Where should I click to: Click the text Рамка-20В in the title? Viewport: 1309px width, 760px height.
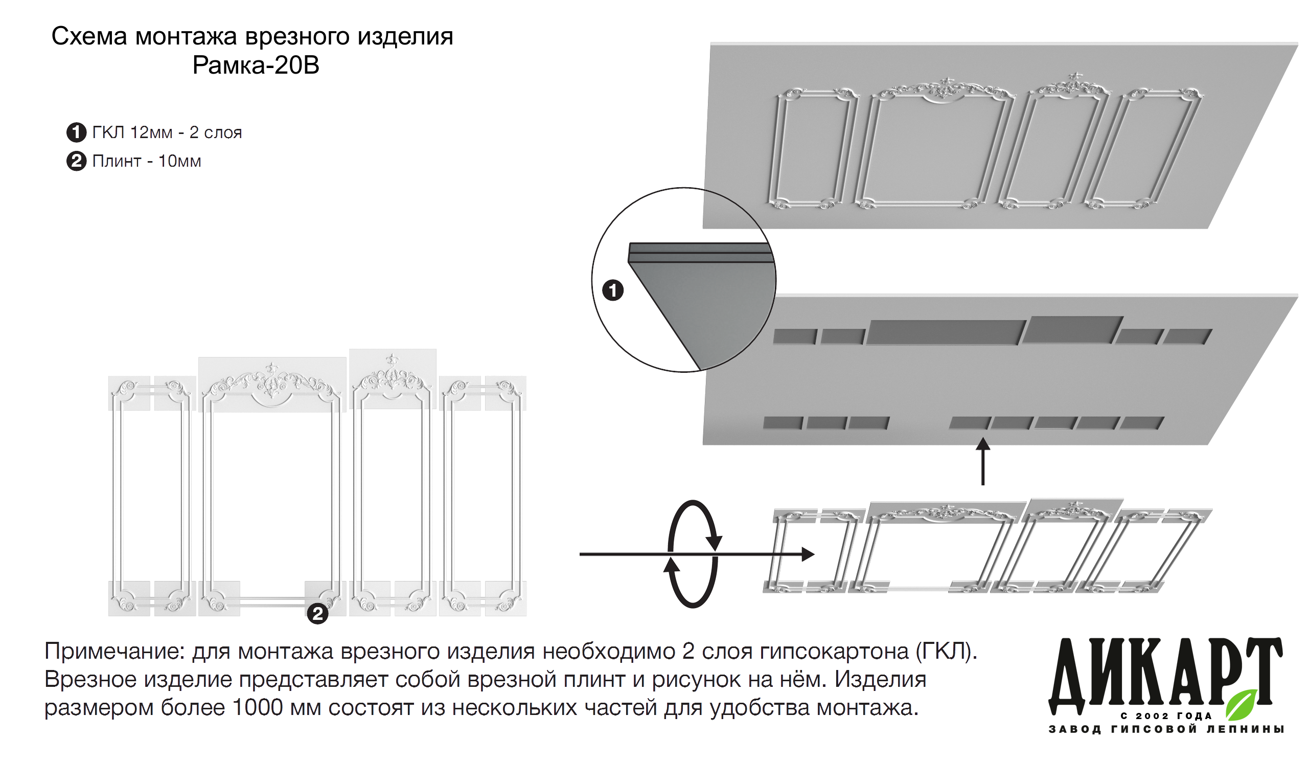(x=256, y=65)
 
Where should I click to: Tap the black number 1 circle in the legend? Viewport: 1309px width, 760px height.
(x=76, y=132)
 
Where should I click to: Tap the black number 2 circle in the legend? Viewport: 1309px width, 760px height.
(x=76, y=161)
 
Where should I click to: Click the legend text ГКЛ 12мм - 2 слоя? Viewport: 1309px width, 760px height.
(x=167, y=132)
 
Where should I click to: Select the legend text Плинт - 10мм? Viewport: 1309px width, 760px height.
(x=147, y=161)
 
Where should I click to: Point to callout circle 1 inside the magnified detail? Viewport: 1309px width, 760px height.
(x=612, y=290)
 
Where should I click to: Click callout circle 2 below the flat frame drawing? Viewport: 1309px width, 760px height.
(x=317, y=614)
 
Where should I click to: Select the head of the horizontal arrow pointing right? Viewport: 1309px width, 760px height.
(x=808, y=554)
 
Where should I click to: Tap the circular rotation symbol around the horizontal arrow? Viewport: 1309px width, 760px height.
(x=693, y=554)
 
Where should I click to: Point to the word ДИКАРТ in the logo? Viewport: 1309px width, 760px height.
(x=1163, y=676)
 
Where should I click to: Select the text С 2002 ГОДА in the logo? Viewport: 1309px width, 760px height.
(x=1166, y=716)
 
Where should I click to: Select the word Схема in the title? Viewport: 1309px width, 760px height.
(x=89, y=37)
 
